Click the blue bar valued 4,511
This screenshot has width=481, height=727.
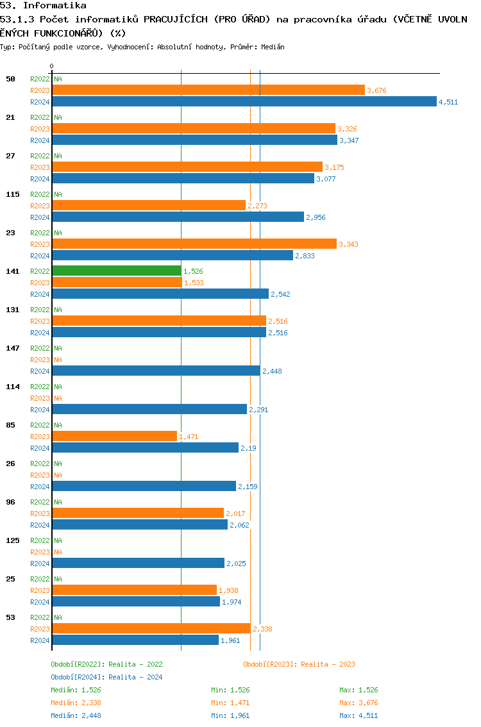[244, 101]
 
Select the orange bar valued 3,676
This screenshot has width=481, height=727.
[208, 90]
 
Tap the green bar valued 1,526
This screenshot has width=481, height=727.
[117, 271]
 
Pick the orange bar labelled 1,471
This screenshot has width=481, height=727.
[114, 436]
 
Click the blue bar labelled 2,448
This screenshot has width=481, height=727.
[156, 371]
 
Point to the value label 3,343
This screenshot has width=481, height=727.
[348, 244]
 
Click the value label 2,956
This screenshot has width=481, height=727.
[316, 217]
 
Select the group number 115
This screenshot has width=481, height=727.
[13, 194]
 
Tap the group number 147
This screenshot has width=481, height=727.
[13, 348]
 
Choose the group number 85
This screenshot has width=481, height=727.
[11, 425]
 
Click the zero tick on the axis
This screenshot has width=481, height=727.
[52, 66]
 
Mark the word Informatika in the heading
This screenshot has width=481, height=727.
[55, 5]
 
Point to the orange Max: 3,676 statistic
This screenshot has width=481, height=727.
[359, 703]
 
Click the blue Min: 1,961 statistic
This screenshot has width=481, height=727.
[230, 715]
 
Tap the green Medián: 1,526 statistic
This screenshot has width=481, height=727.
[76, 690]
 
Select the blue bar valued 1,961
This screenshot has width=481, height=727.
[135, 640]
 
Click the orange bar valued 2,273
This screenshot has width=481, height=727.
[149, 205]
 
